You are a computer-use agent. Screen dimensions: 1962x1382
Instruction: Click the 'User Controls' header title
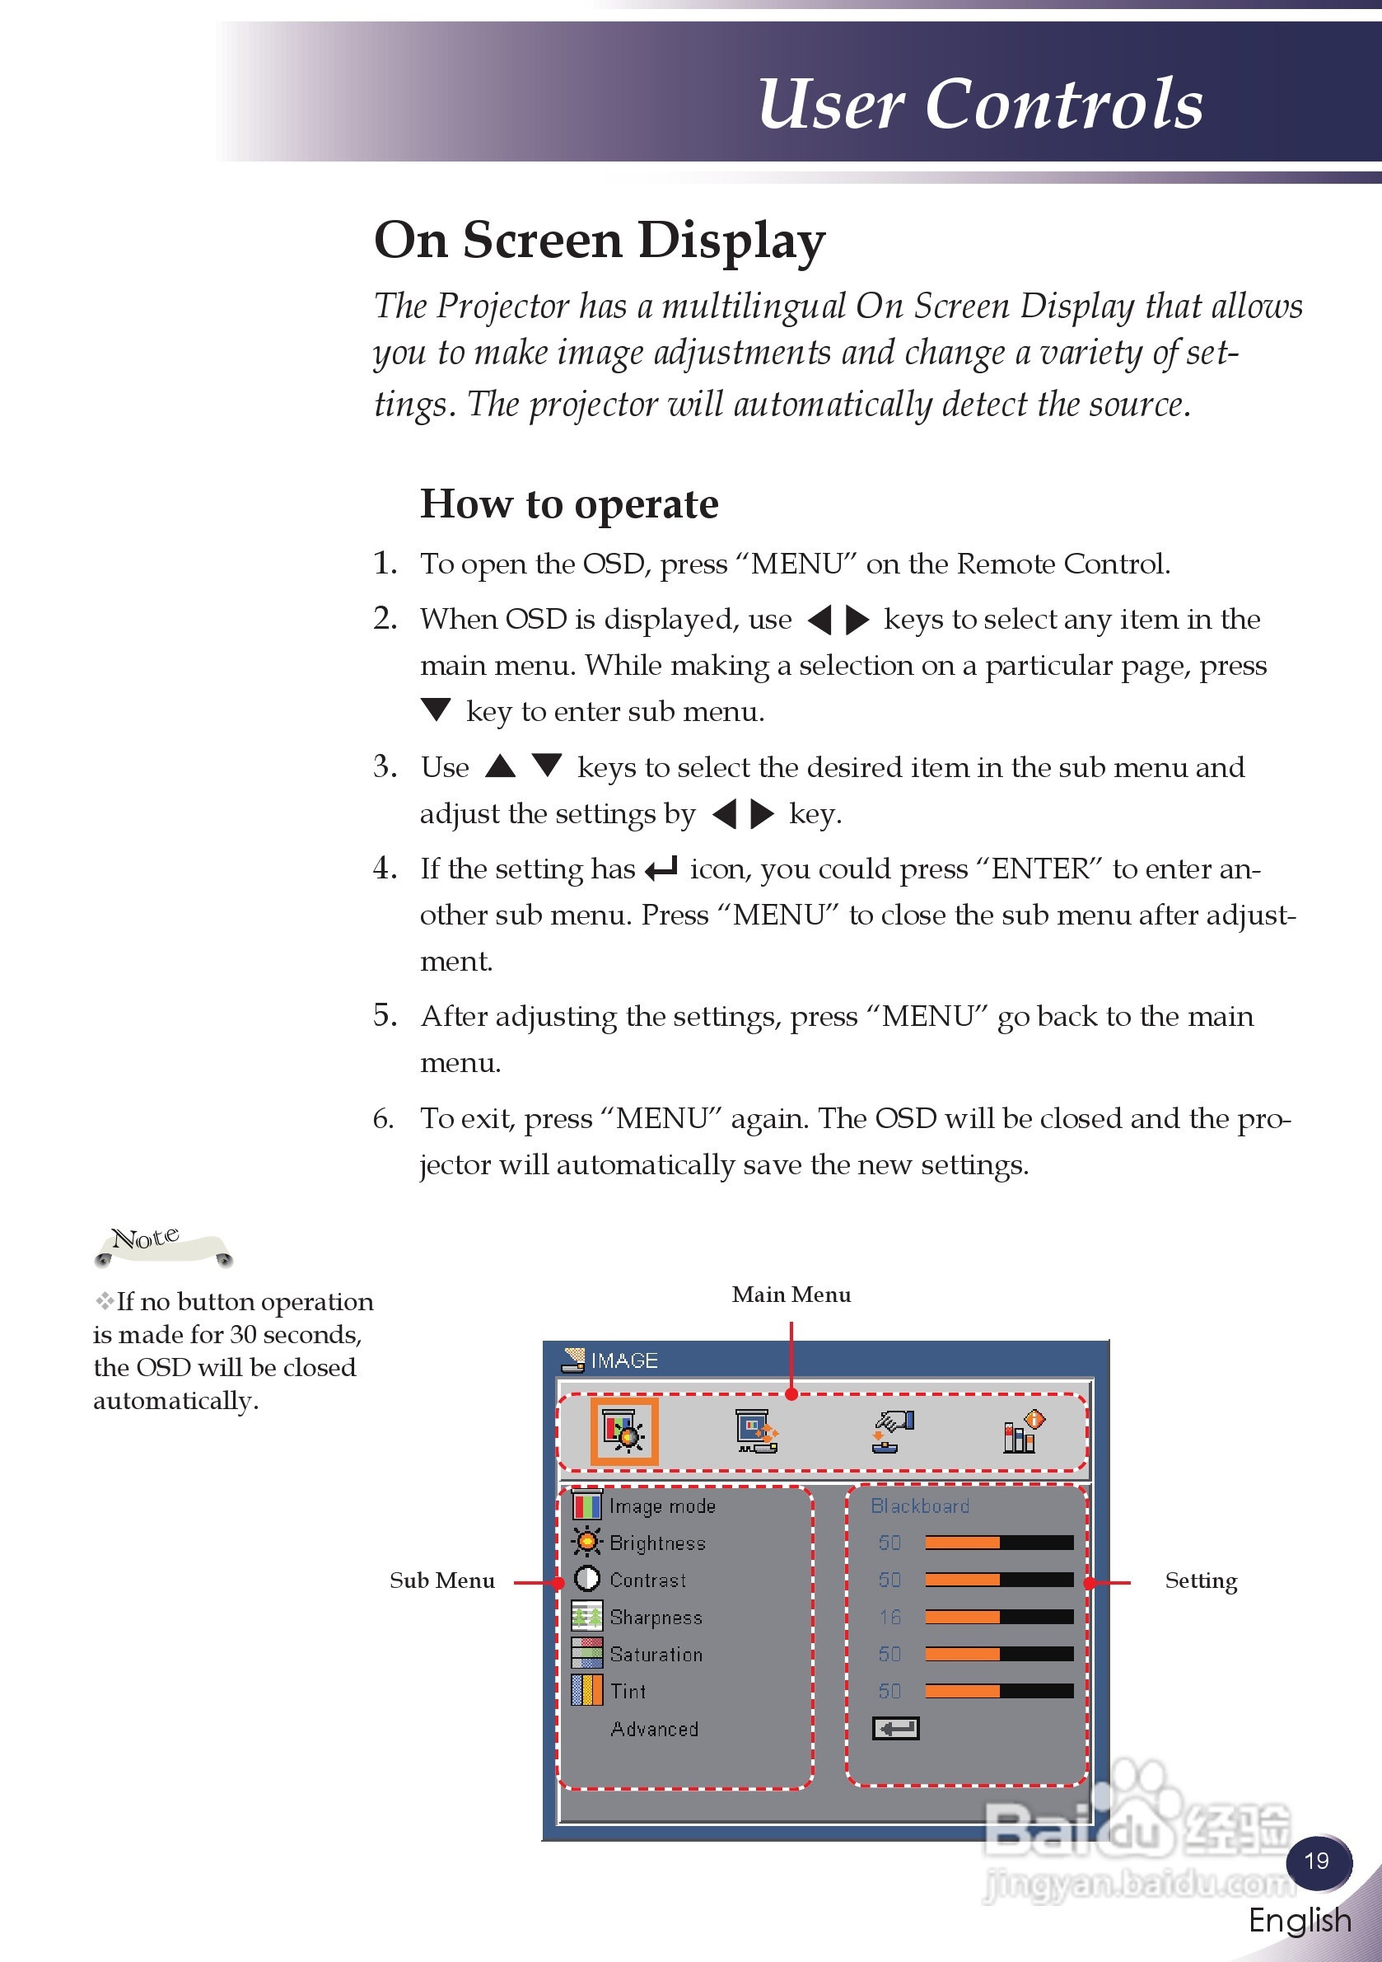(980, 105)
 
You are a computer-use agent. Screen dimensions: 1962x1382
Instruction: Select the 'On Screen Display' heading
(600, 240)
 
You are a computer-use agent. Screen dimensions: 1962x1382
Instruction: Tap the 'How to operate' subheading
(569, 504)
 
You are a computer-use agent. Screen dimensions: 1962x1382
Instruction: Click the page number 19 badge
(1317, 1861)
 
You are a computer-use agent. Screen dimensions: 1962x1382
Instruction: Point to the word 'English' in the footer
(1299, 1920)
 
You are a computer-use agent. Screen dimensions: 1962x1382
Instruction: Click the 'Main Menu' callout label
(791, 1295)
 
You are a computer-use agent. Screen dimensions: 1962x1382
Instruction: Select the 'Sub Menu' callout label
(441, 1580)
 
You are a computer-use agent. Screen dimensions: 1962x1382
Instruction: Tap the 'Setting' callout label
(1200, 1580)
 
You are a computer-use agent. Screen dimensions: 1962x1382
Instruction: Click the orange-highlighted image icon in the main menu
(624, 1431)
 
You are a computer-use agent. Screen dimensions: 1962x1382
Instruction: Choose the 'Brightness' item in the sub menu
(657, 1543)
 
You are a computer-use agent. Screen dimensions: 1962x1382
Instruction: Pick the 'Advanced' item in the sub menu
(654, 1729)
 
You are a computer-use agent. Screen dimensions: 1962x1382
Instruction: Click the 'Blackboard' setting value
(920, 1505)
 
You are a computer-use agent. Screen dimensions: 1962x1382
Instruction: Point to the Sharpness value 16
(889, 1617)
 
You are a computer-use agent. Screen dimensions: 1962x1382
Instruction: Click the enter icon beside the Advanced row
(895, 1728)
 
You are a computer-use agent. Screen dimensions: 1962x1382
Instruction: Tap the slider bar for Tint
(998, 1691)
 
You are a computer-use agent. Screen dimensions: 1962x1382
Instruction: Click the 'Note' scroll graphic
(162, 1246)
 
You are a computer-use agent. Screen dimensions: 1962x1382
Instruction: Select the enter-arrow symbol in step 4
(661, 869)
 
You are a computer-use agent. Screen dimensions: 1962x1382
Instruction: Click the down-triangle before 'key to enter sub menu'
(436, 709)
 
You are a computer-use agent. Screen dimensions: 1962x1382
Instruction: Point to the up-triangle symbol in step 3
(501, 766)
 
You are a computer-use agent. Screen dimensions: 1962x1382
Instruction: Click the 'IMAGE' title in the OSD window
(623, 1360)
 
